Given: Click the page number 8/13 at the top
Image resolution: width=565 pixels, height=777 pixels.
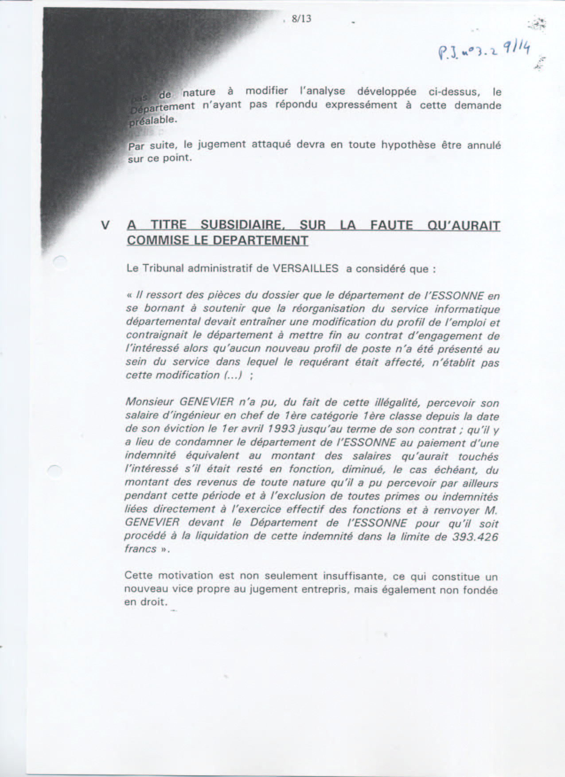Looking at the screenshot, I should point(301,19).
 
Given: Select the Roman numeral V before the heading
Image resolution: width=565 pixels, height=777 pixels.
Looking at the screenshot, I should point(105,225).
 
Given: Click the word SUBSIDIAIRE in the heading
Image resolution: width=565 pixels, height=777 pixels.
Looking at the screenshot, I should point(242,225).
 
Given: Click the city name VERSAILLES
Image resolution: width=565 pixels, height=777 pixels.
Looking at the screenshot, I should point(305,268).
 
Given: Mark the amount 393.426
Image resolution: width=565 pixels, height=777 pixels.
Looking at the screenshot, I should point(475,537).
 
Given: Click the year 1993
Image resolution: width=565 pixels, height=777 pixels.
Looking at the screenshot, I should point(280,429).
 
